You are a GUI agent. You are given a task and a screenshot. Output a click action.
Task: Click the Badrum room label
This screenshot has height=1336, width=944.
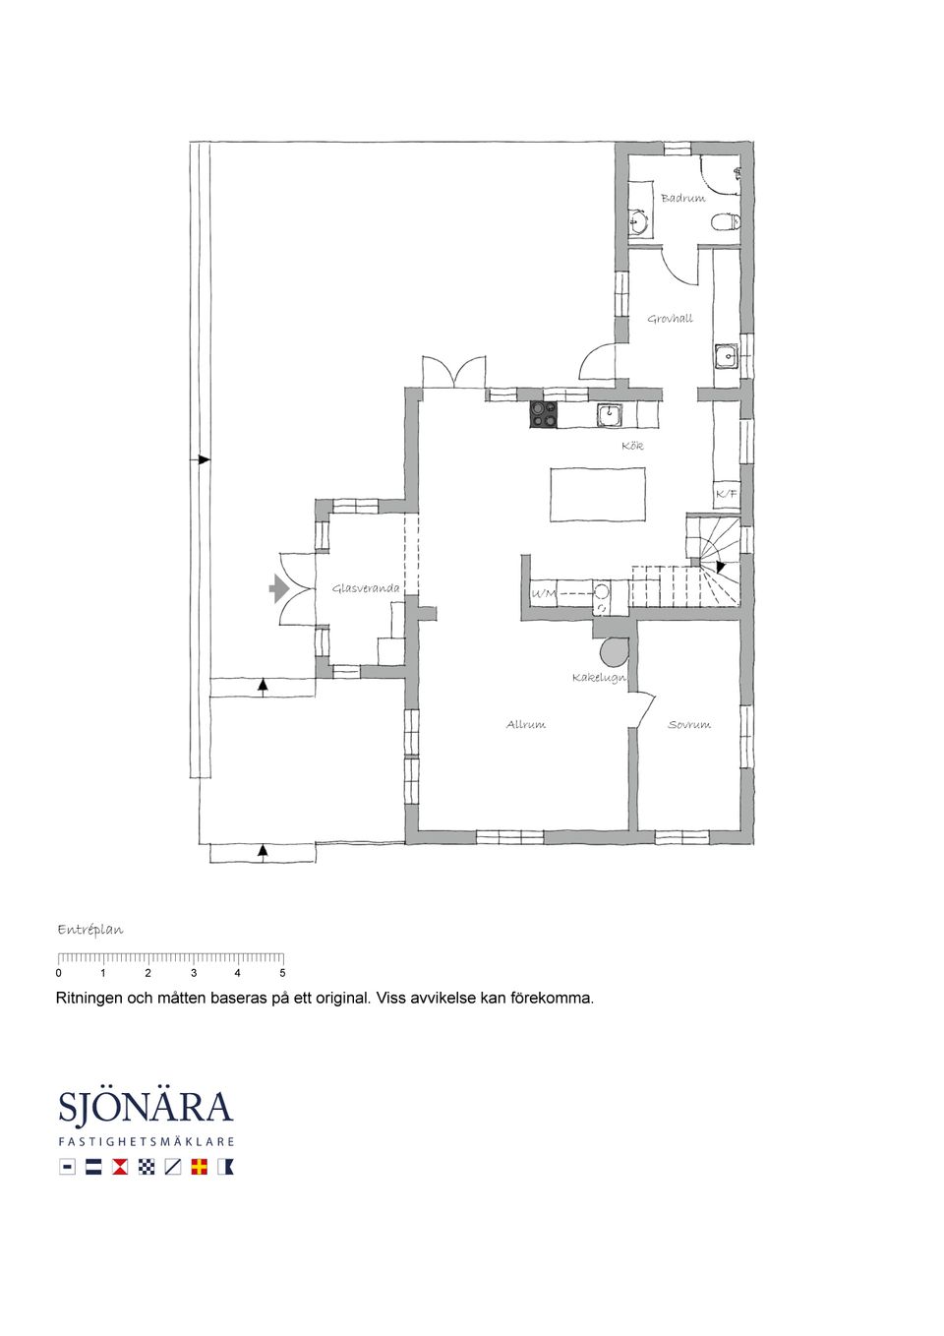pos(683,198)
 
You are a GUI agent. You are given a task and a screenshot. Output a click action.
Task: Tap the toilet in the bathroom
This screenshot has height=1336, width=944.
pos(727,221)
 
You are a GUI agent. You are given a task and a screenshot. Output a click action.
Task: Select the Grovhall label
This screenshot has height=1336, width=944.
pos(670,319)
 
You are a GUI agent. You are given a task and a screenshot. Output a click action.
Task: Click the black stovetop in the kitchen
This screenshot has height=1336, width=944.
pos(543,414)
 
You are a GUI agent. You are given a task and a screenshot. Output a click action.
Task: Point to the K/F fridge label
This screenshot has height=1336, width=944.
pos(726,495)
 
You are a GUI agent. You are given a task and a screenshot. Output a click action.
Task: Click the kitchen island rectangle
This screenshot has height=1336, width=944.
pos(598,495)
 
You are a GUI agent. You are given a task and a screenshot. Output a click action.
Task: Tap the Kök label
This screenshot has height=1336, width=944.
pos(632,446)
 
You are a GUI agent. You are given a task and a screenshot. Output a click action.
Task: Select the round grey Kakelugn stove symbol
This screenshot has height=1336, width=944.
pos(615,652)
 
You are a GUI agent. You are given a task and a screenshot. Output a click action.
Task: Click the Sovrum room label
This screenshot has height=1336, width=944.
pos(689,725)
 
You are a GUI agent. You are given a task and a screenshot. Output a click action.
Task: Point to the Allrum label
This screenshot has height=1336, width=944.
pos(526,725)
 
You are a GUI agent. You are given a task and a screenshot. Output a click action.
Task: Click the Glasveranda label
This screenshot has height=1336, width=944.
pos(366,588)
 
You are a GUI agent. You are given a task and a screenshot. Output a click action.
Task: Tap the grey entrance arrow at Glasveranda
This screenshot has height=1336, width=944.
pos(279,588)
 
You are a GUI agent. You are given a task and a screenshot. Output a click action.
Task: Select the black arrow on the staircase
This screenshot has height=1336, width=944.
pos(721,566)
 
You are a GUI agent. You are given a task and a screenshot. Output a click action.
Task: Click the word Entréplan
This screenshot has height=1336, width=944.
pos(90,930)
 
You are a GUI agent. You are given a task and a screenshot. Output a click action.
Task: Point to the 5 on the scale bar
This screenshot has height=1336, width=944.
pos(282,973)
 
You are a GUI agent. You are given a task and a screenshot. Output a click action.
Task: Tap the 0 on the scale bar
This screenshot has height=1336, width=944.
pos(58,973)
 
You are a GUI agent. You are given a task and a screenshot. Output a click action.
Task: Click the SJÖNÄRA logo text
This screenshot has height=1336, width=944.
pos(146,1107)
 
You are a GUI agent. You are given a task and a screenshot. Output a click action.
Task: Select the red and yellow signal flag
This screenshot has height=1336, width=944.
pos(199,1167)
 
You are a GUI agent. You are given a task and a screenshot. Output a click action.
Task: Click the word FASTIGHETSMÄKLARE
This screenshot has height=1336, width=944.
pos(146,1141)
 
